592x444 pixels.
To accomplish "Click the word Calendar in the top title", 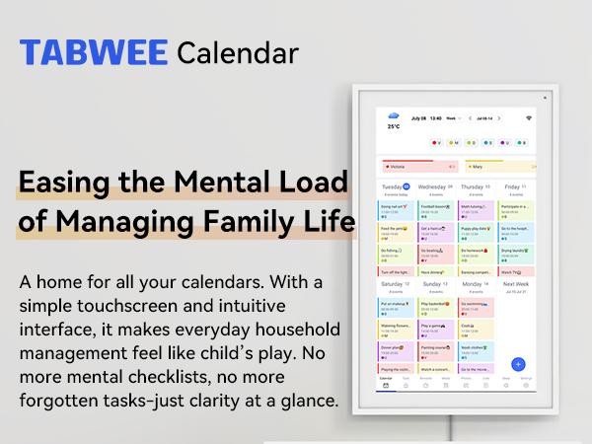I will click(238, 51).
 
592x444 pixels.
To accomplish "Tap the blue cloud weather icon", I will click(393, 115).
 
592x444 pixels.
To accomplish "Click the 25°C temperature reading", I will click(393, 127).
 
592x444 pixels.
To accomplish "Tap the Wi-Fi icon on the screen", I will click(528, 117).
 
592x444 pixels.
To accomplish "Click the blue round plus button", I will click(518, 364).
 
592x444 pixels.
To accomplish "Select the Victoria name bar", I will click(419, 167).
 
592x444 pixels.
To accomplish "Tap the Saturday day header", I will click(396, 284).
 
